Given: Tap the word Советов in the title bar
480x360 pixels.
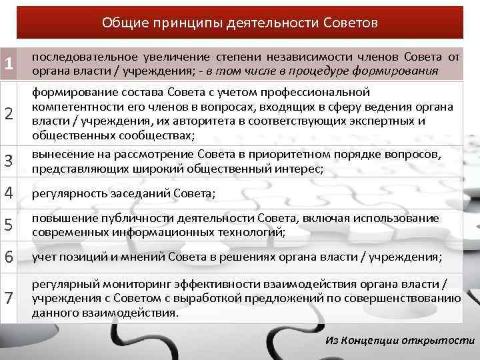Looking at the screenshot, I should point(350,23).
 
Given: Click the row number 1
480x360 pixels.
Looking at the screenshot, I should point(8,64).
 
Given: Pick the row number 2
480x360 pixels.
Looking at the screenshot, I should point(9,114).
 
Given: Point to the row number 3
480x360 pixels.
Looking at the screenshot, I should point(9,161).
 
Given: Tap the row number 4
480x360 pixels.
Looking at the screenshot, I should point(9,193).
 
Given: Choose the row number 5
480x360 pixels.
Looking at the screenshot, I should point(9,225).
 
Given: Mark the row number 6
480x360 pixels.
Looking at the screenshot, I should point(9,257).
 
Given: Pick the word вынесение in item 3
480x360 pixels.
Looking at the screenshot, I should point(57,155).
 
